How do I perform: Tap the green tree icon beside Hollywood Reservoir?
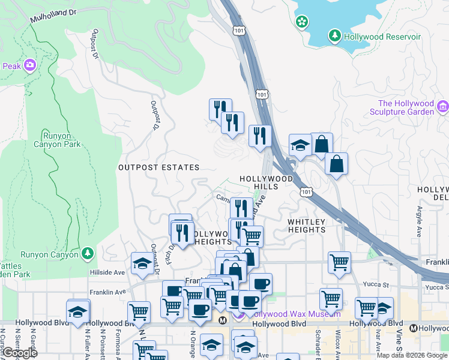tap(335, 37)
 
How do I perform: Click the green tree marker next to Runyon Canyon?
tap(88, 254)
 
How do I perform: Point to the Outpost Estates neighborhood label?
tap(158, 167)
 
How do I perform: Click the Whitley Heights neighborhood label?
tap(306, 226)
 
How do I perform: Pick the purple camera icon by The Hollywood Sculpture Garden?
tap(443, 107)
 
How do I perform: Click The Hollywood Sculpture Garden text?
tap(401, 107)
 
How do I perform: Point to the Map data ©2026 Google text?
tap(412, 355)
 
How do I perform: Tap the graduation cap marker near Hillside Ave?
tap(142, 264)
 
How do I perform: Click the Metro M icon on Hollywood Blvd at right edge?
tap(413, 328)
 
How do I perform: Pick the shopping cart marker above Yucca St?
tap(339, 262)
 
